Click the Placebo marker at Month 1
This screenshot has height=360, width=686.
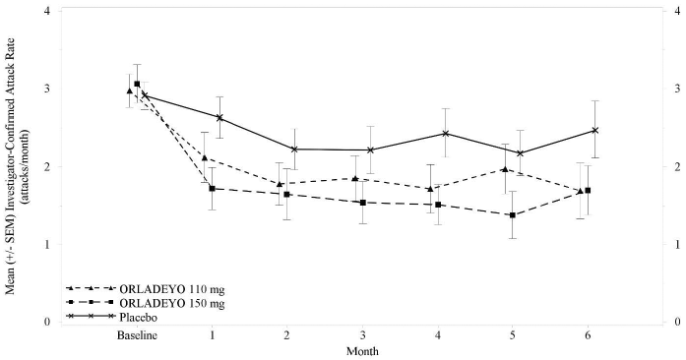click(x=219, y=117)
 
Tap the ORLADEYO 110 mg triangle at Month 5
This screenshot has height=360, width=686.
click(x=505, y=169)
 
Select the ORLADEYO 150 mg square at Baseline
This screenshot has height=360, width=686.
click(x=137, y=85)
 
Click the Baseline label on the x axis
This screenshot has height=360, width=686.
click(x=137, y=336)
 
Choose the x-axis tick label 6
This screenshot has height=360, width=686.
click(x=588, y=336)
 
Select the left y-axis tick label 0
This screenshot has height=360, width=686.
click(x=48, y=322)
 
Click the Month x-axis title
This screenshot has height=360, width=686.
click(x=362, y=350)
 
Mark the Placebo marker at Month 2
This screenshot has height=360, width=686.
click(x=294, y=150)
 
